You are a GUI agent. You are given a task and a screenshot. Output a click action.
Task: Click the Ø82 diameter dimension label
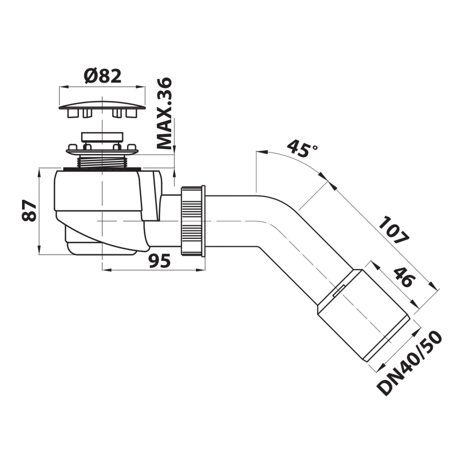102,76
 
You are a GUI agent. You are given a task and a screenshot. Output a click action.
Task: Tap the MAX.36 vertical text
164,113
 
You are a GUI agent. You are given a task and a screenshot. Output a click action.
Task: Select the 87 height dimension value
30,211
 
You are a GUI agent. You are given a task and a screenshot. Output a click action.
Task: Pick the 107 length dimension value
392,230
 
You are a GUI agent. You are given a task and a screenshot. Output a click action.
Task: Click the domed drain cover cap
101,103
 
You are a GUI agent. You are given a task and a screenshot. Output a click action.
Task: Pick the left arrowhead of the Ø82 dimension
61,86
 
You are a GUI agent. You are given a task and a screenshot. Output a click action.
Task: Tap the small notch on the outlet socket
337,292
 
